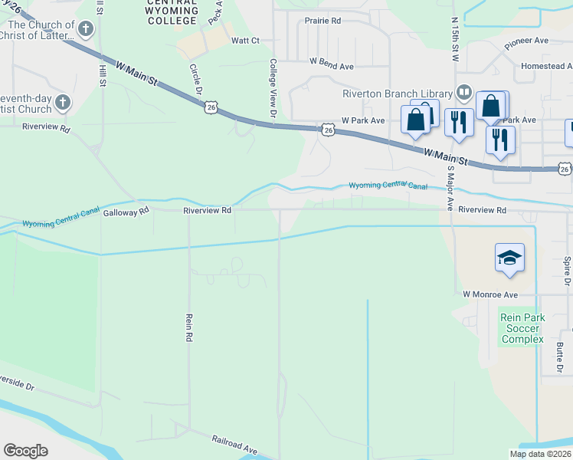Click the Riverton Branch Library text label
pos(397,94)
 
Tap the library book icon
pos(463,94)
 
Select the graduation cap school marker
pos(509,258)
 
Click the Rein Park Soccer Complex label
pos(522,328)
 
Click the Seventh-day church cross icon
pos(64,102)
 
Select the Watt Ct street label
pos(245,40)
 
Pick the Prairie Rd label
pos(323,21)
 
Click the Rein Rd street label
pos(188,326)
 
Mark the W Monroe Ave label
pos(490,294)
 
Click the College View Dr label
pos(273,90)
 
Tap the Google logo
pos(25,451)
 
